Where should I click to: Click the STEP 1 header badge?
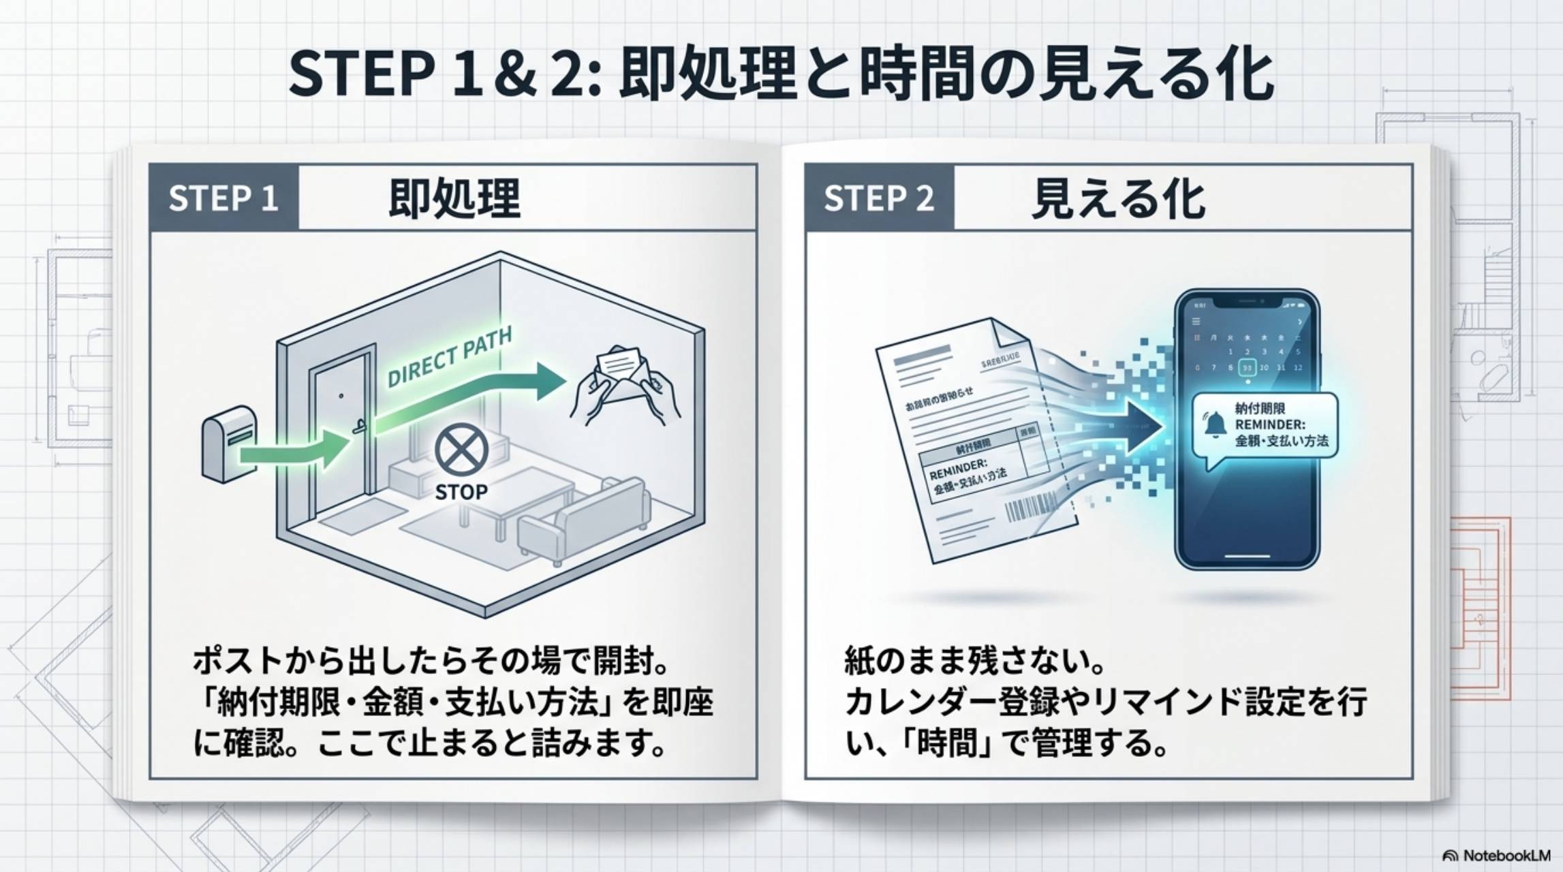[223, 198]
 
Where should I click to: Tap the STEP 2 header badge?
[879, 198]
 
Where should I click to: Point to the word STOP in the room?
[461, 492]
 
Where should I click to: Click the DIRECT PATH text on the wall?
[450, 357]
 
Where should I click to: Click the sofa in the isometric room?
[585, 521]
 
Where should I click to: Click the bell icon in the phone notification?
[1213, 424]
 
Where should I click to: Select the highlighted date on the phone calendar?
[1248, 367]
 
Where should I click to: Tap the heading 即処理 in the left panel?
[454, 198]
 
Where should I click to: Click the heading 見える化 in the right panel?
[1118, 198]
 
